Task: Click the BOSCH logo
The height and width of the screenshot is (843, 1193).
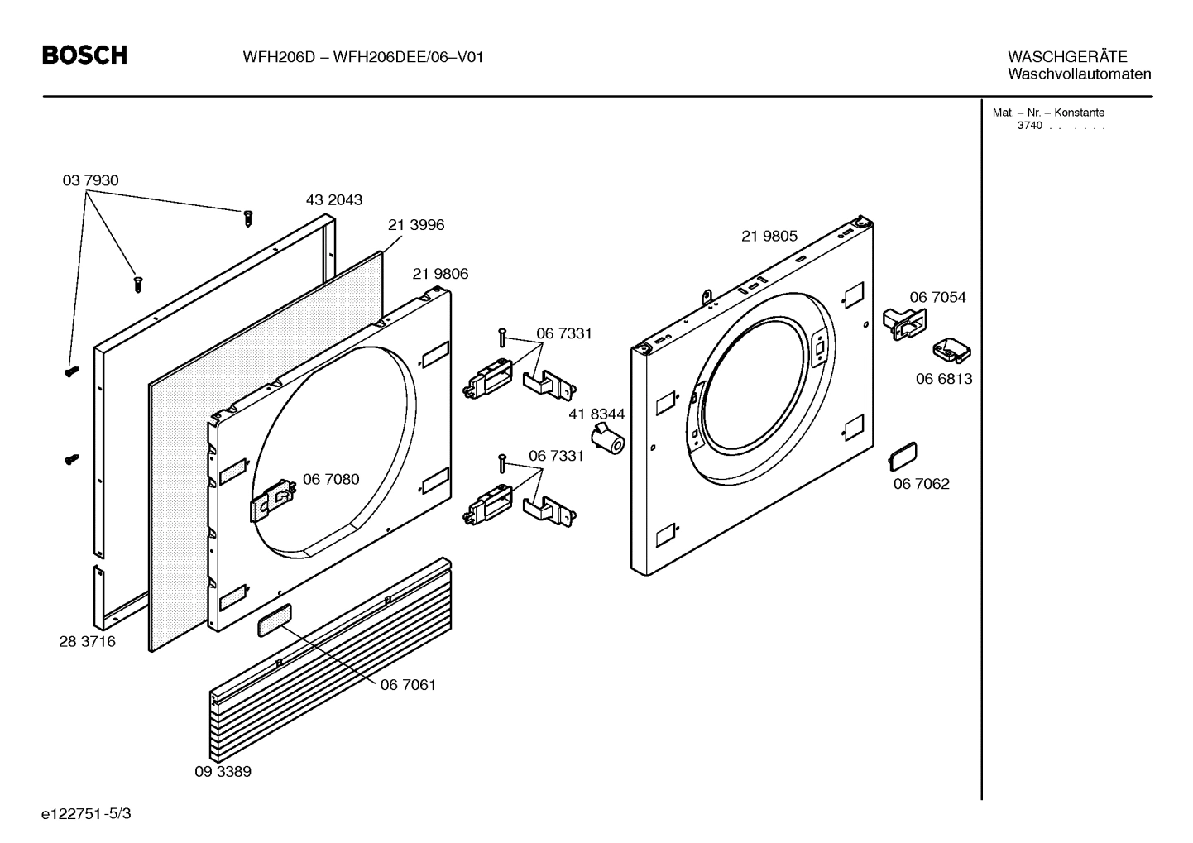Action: pyautogui.click(x=84, y=55)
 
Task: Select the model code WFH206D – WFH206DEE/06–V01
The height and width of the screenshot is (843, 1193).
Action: pyautogui.click(x=362, y=57)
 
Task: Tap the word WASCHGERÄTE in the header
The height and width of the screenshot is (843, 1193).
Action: pyautogui.click(x=1066, y=57)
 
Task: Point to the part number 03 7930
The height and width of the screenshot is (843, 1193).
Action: pyautogui.click(x=90, y=180)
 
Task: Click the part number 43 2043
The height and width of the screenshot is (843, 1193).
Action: pyautogui.click(x=333, y=200)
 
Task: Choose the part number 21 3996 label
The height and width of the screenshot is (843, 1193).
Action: pyautogui.click(x=415, y=225)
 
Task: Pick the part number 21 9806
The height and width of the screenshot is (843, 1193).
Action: pyautogui.click(x=440, y=274)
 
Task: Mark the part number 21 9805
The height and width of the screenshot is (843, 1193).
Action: pyautogui.click(x=769, y=237)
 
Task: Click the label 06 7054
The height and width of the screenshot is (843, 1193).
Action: pyautogui.click(x=937, y=298)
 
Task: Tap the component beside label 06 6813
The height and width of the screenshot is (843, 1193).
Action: pyautogui.click(x=951, y=351)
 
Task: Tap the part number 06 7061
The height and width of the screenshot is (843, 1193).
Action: pyautogui.click(x=408, y=685)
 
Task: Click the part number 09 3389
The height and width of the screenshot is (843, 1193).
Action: pyautogui.click(x=223, y=772)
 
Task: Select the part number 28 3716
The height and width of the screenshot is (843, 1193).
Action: pyautogui.click(x=87, y=642)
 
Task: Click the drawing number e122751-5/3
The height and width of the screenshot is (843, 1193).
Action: pyautogui.click(x=86, y=814)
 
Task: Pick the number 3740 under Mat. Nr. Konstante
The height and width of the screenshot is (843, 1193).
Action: pyautogui.click(x=1029, y=126)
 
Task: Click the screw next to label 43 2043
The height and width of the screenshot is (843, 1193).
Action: pyautogui.click(x=247, y=218)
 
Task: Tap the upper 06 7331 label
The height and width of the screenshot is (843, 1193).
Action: pyautogui.click(x=563, y=333)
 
